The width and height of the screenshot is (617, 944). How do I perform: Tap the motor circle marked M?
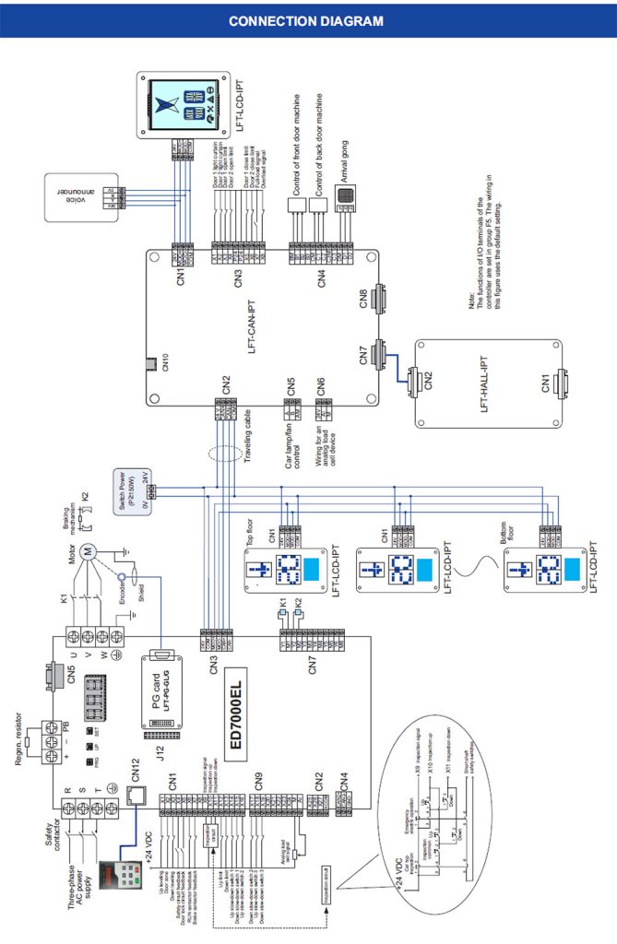89,552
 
